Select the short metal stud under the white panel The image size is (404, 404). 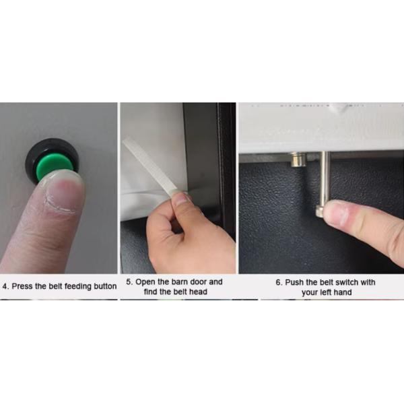[x=297, y=160]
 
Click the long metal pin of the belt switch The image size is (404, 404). [x=323, y=184]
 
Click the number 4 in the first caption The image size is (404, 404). [x=5, y=286]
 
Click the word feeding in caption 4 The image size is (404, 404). [x=77, y=287]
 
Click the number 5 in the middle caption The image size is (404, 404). [x=129, y=281]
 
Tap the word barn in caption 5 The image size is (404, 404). [x=180, y=281]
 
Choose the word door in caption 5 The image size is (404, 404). [x=199, y=281]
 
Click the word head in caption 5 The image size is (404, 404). [x=198, y=292]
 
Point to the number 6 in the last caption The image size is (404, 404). [x=279, y=282]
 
